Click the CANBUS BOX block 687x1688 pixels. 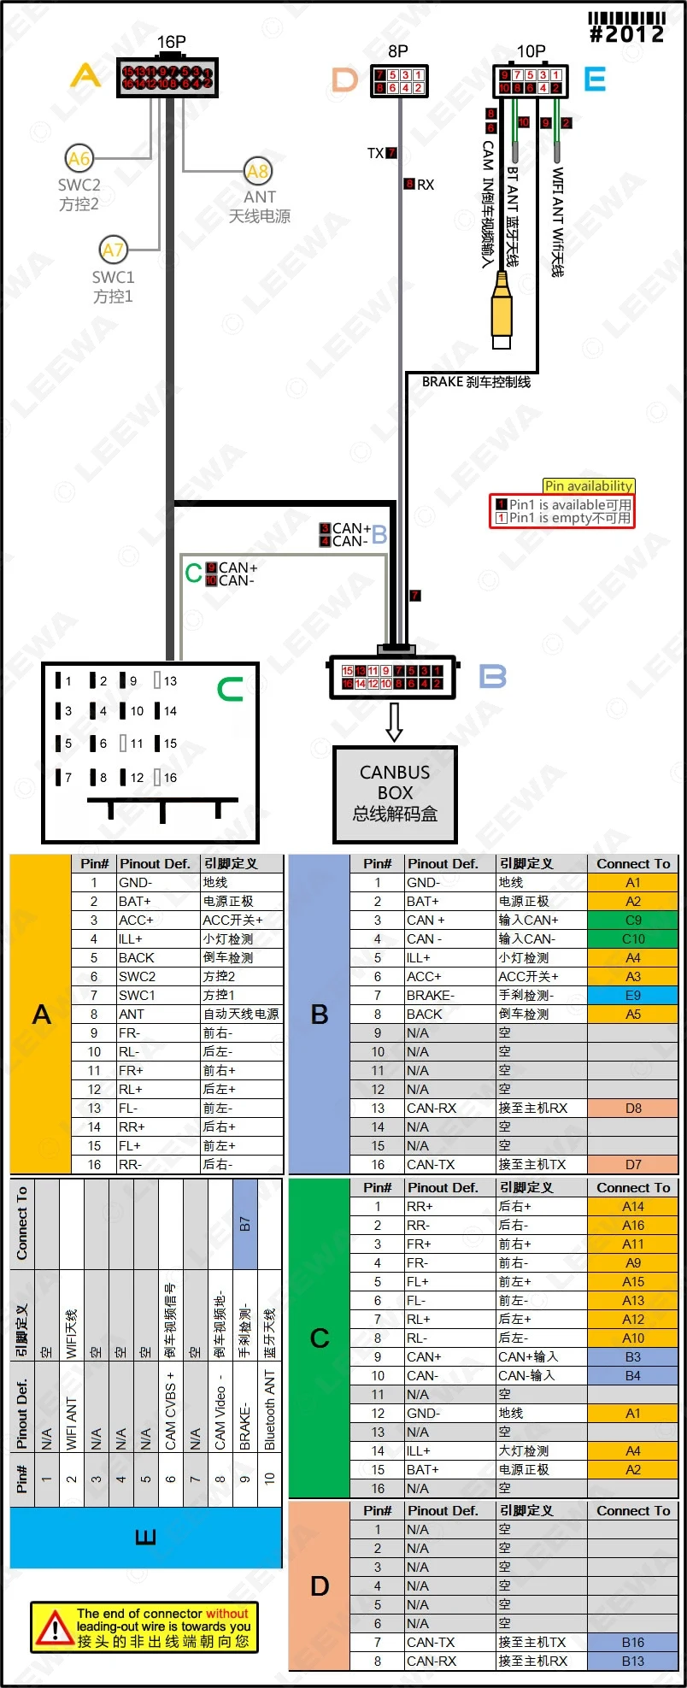pos(395,793)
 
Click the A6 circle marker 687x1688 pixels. pos(79,158)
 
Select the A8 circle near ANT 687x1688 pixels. pos(257,171)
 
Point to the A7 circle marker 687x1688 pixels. pos(113,250)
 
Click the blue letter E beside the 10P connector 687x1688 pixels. pos(595,79)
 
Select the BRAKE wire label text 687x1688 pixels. pos(476,382)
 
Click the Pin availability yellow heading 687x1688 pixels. pos(589,485)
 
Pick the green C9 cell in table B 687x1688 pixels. pos(632,920)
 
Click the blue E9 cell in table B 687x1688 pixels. pos(632,996)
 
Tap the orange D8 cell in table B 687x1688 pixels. pos(632,1109)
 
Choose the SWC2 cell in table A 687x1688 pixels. pos(137,977)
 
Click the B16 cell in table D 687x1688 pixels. pos(632,1642)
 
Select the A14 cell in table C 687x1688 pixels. pos(632,1207)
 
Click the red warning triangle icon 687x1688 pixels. pos(54,1628)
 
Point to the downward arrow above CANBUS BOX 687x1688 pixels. pos(394,722)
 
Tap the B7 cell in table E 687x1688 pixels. pos(245,1224)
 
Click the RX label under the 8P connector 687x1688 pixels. pos(425,185)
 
